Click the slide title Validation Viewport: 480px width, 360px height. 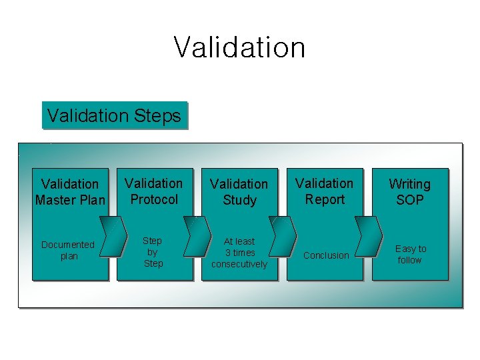tap(239, 47)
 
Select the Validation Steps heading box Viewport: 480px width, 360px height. tap(114, 115)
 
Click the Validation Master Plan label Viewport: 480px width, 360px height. tap(70, 191)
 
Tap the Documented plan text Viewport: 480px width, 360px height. tap(68, 250)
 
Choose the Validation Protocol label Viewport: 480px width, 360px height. tap(154, 191)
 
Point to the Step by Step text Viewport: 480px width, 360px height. tap(153, 251)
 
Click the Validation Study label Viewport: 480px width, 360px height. tap(239, 191)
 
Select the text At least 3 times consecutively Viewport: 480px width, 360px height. tap(239, 253)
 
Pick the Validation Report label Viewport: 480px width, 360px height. tap(325, 191)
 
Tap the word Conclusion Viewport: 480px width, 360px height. tap(326, 255)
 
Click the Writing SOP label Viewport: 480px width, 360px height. tap(409, 191)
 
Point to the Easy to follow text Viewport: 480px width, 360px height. tap(410, 254)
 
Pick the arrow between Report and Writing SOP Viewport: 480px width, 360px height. tap(371, 236)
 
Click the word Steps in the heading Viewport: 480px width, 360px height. tap(157, 116)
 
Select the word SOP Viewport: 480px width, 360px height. tap(410, 199)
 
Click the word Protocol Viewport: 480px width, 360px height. tap(154, 199)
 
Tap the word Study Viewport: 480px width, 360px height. tap(239, 199)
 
